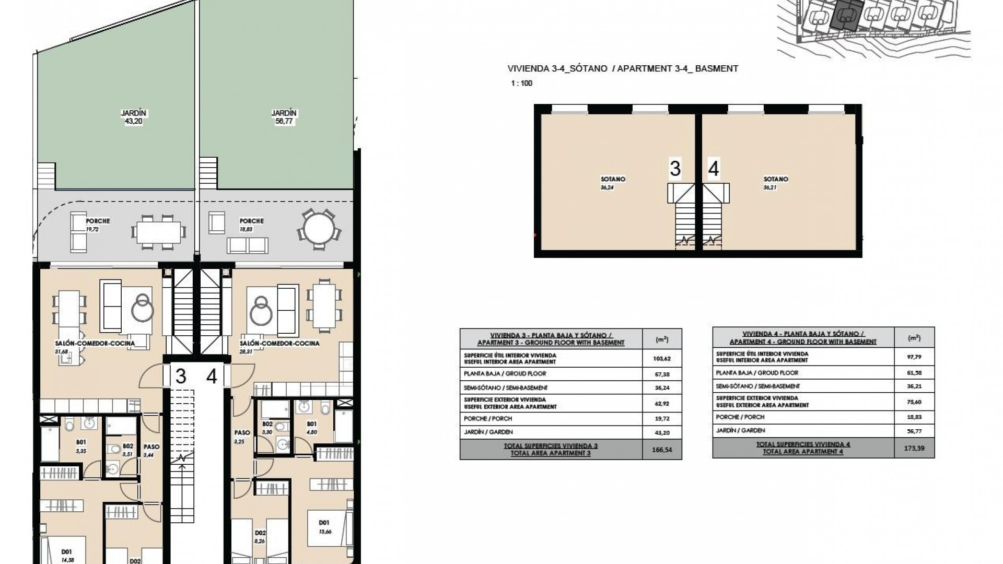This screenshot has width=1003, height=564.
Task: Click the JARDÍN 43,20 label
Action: (x=134, y=117)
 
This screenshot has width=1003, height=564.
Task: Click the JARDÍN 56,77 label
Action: (x=284, y=117)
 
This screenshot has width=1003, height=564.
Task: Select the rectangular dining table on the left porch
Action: (x=158, y=231)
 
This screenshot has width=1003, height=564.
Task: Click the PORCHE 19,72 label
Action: (x=97, y=225)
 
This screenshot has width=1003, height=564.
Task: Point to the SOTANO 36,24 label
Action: (x=612, y=183)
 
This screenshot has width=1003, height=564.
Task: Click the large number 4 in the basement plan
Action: (x=713, y=169)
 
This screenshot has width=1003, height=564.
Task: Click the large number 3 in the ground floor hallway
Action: (x=181, y=377)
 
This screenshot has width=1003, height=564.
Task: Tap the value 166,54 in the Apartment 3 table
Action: (x=662, y=450)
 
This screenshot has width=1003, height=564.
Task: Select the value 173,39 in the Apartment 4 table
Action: (x=914, y=448)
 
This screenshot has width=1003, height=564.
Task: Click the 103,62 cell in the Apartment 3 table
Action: (x=662, y=358)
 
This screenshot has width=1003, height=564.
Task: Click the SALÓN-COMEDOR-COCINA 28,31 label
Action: (x=279, y=347)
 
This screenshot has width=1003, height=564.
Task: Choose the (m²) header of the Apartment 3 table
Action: (x=662, y=339)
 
